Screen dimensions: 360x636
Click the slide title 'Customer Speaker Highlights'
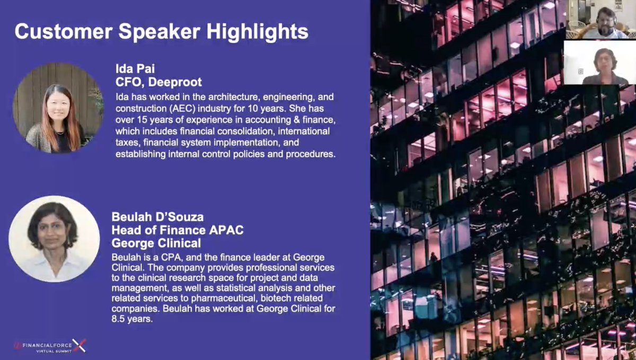pos(161,31)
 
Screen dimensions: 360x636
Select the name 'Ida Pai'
pos(135,69)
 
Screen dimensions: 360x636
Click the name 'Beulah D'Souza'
pos(157,217)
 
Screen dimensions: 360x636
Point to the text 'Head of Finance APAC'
pos(177,230)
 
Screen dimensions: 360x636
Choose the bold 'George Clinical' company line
pos(156,243)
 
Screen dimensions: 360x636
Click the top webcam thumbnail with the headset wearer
pos(602,19)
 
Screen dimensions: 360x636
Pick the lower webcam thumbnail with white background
pos(599,63)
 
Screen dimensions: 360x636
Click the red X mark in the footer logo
pos(79,346)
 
